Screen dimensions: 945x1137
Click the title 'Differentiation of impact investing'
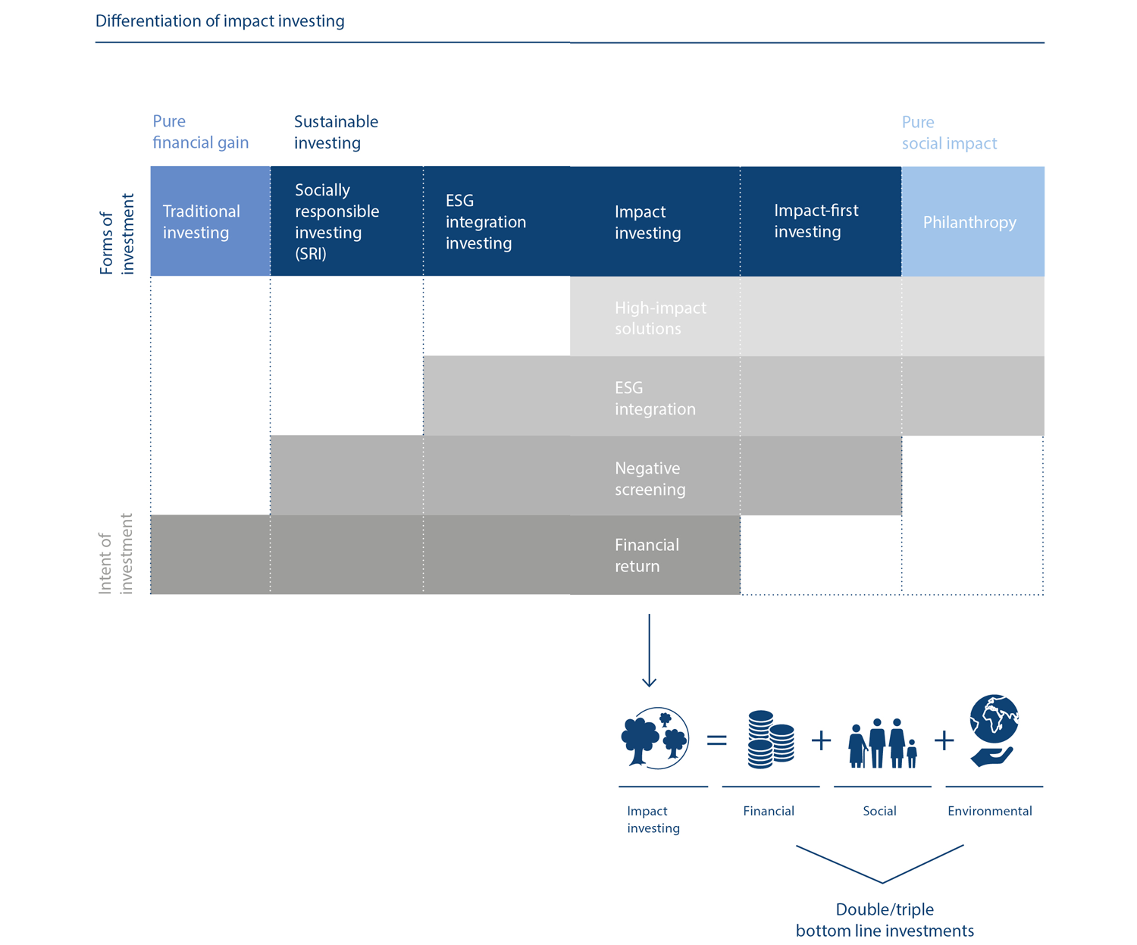tap(220, 21)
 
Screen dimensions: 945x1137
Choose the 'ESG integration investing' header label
tap(485, 221)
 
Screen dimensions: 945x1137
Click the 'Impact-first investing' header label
tap(816, 221)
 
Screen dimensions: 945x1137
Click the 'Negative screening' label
tap(650, 478)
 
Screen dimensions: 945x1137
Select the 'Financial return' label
tap(647, 555)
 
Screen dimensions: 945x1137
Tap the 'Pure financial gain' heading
tap(200, 132)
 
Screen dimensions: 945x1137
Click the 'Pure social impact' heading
tap(949, 133)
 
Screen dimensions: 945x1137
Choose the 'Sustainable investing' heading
tap(336, 132)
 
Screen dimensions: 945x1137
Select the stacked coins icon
tap(770, 740)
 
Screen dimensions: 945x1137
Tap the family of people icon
tap(882, 743)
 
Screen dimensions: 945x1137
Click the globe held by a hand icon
tap(993, 731)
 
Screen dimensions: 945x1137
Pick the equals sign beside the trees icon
tap(716, 740)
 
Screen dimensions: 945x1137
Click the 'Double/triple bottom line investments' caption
tap(885, 919)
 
